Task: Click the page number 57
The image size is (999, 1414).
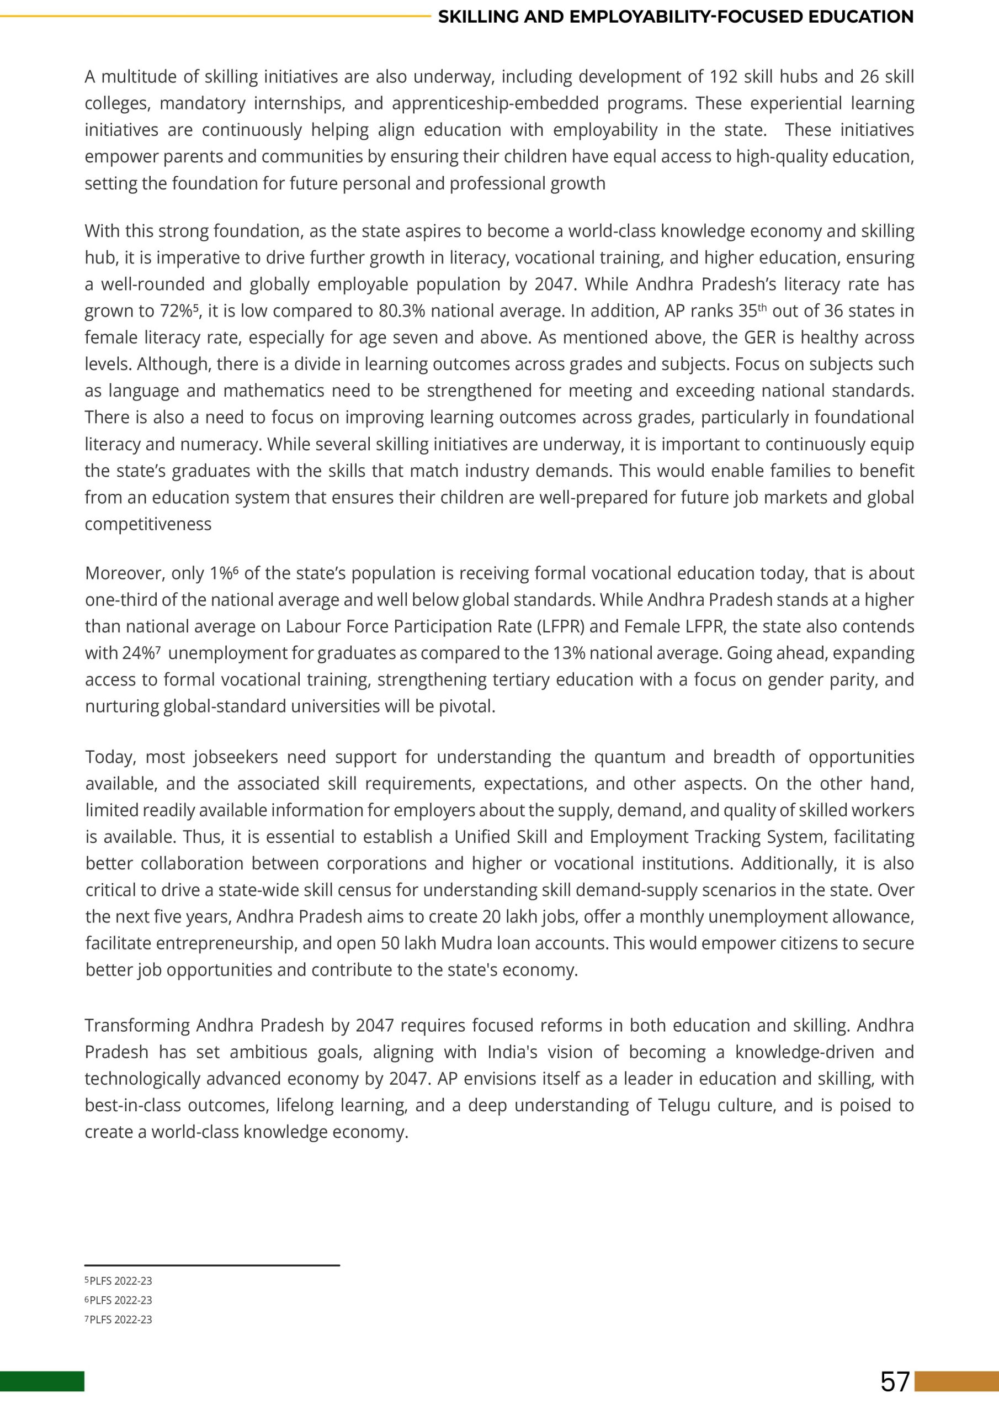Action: pyautogui.click(x=895, y=1381)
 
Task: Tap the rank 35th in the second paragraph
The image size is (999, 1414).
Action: pyautogui.click(x=752, y=311)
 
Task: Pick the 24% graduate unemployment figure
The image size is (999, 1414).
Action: pyautogui.click(x=140, y=653)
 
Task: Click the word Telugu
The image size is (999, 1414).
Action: pyautogui.click(x=683, y=1105)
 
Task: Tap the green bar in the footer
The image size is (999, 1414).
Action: pyautogui.click(x=42, y=1381)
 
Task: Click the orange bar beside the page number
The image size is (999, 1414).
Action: pyautogui.click(x=957, y=1381)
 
